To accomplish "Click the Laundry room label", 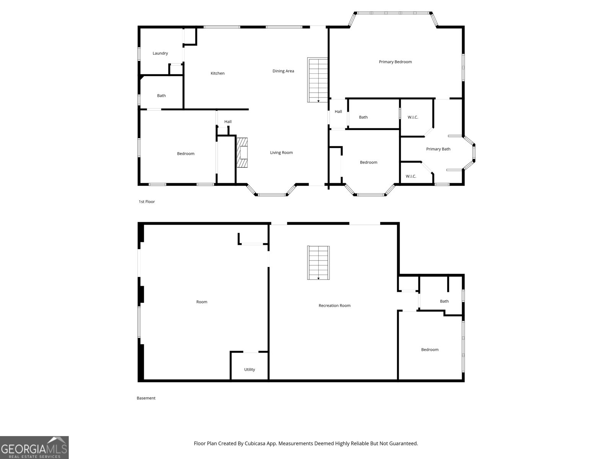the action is pyautogui.click(x=160, y=53).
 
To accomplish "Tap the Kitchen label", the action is pyautogui.click(x=218, y=73).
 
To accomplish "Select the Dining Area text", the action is pyautogui.click(x=283, y=71).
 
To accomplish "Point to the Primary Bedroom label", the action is pyautogui.click(x=395, y=62).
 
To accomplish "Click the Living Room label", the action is pyautogui.click(x=281, y=153).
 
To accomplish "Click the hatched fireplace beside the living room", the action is pyautogui.click(x=242, y=153).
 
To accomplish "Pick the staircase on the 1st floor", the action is pyautogui.click(x=317, y=80).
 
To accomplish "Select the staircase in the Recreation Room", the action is pyautogui.click(x=318, y=262).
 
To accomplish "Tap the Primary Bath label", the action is pyautogui.click(x=438, y=149).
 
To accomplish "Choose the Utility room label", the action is pyautogui.click(x=249, y=369).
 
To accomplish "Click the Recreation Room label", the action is pyautogui.click(x=334, y=306).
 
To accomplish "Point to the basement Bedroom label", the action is pyautogui.click(x=430, y=350).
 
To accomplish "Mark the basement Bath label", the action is pyautogui.click(x=444, y=301).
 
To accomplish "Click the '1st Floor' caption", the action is pyautogui.click(x=146, y=202).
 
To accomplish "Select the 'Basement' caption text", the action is pyautogui.click(x=146, y=398).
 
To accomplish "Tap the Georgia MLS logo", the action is pyautogui.click(x=34, y=448).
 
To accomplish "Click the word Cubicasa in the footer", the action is pyautogui.click(x=255, y=443).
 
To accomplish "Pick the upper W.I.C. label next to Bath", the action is pyautogui.click(x=413, y=117).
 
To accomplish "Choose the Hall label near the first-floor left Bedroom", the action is pyautogui.click(x=228, y=122).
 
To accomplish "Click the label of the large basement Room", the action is pyautogui.click(x=202, y=302).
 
